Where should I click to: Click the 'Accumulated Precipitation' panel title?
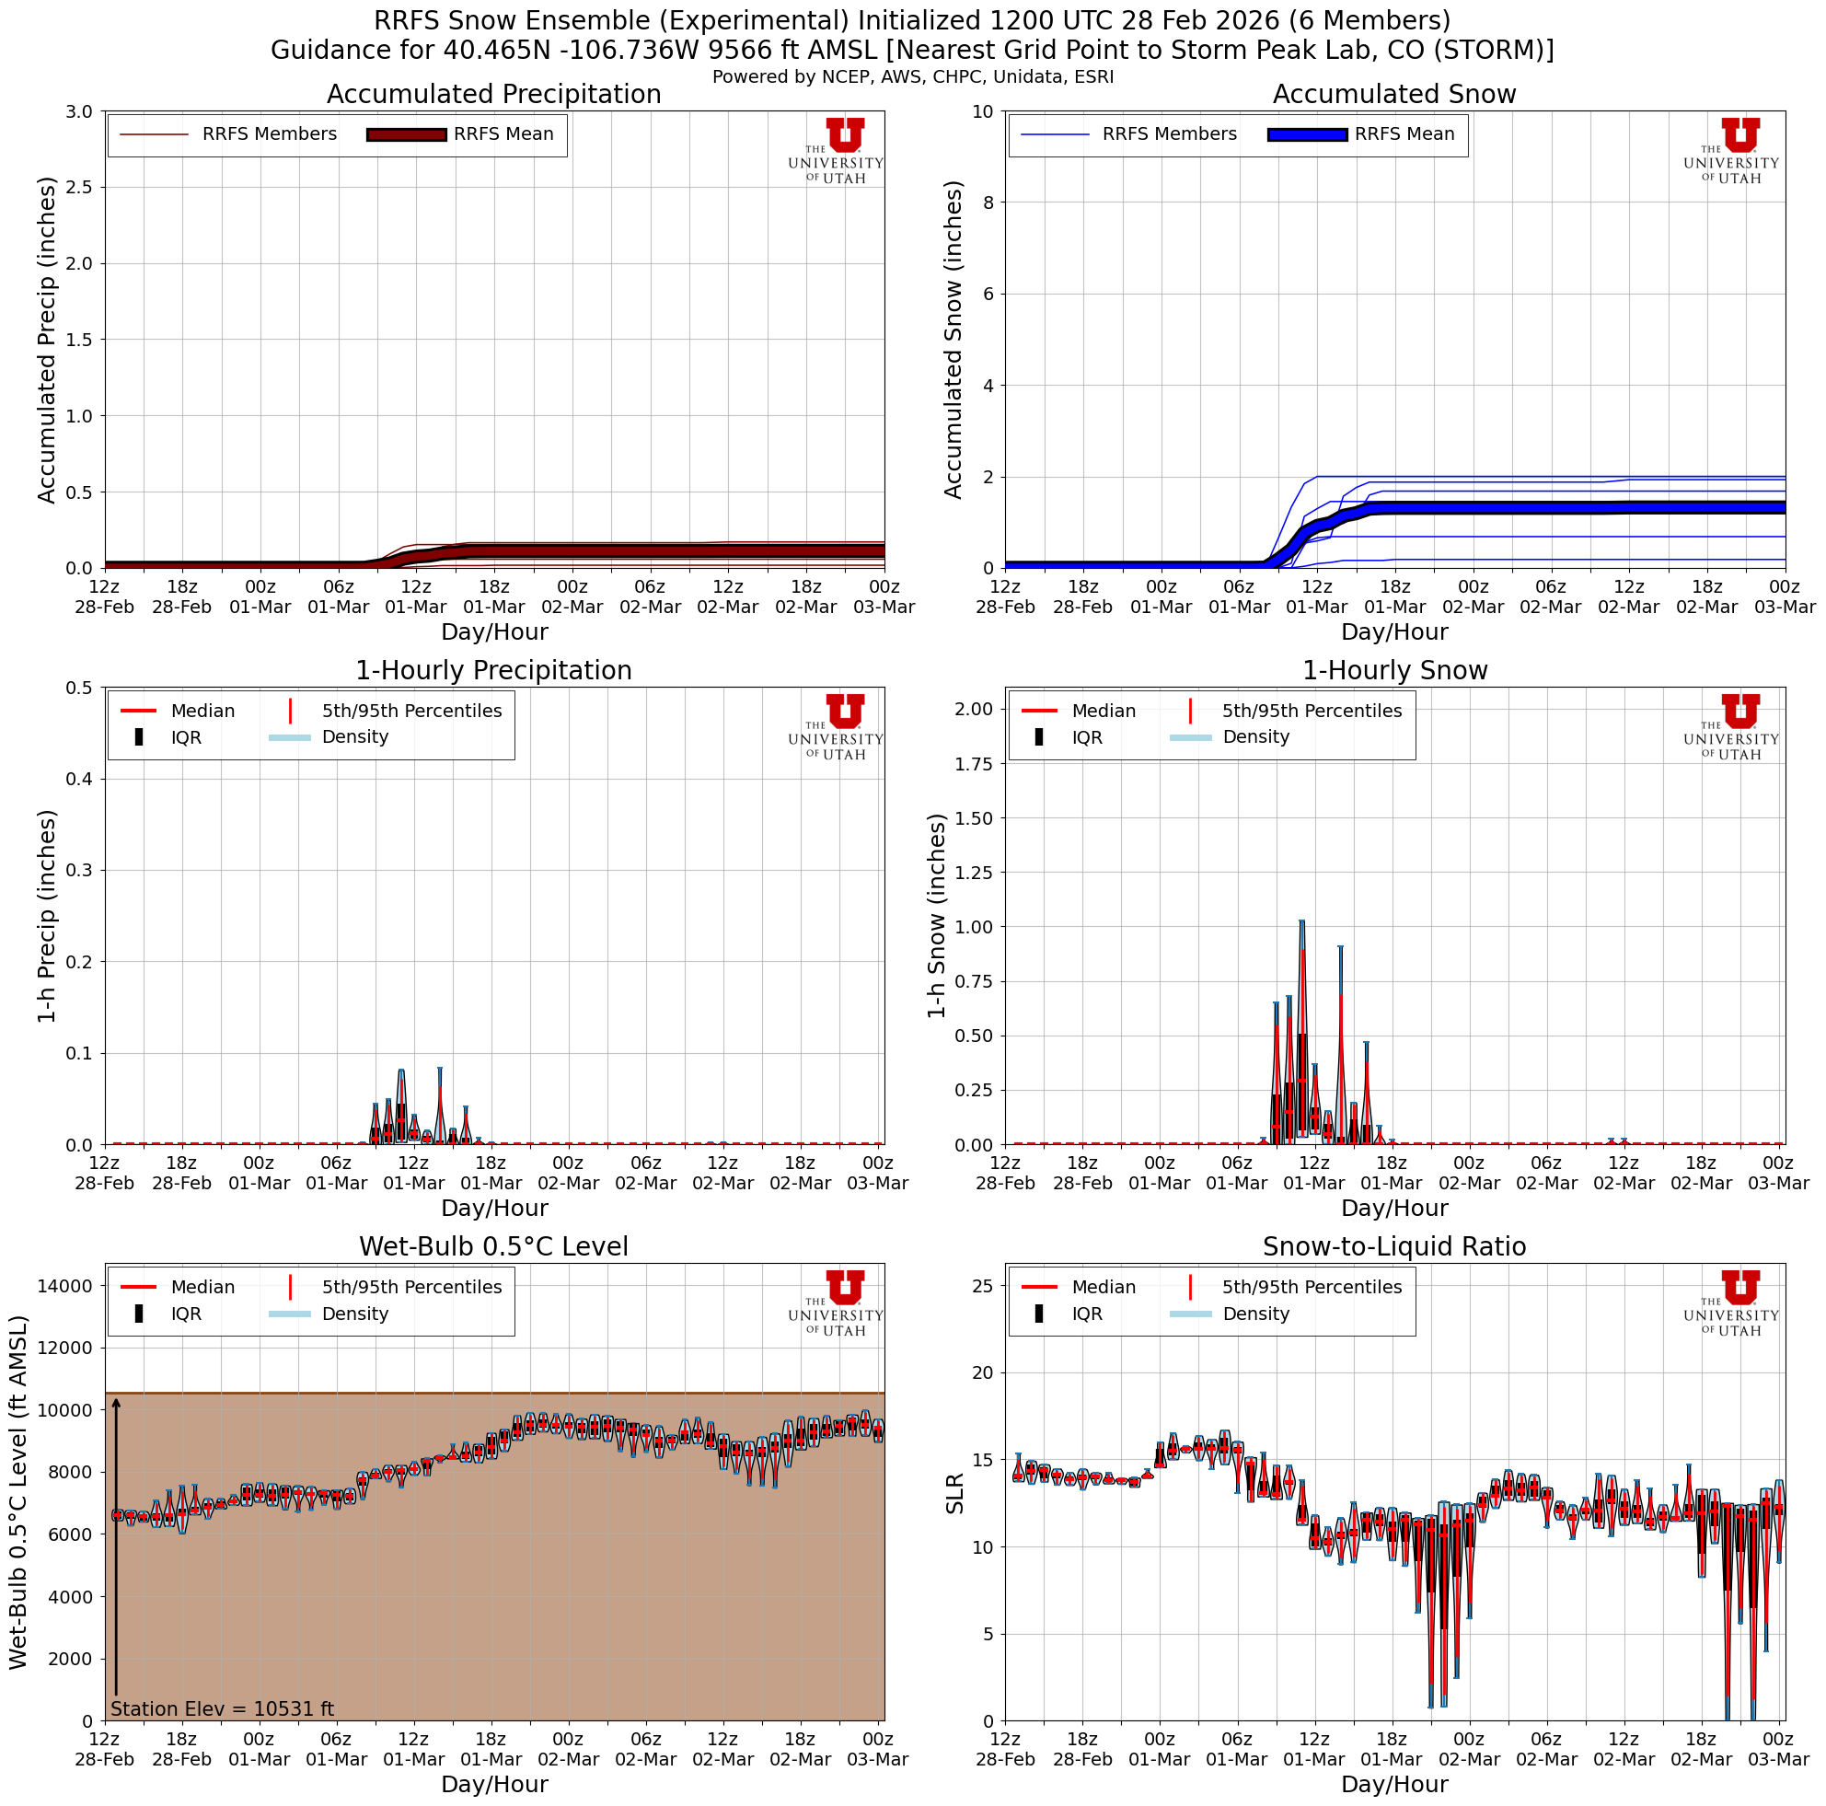[x=493, y=95]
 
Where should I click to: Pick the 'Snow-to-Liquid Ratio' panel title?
[x=1394, y=1246]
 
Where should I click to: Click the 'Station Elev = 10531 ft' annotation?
[x=222, y=1708]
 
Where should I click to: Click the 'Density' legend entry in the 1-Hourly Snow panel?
[x=1255, y=737]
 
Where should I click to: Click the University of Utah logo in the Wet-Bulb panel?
[x=837, y=1302]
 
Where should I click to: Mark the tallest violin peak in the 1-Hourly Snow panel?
[x=1301, y=921]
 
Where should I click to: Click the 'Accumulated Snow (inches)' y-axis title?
[x=953, y=340]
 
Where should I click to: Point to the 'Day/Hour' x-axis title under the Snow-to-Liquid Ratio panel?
[x=1394, y=1784]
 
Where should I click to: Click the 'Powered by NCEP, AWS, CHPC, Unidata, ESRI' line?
[x=913, y=76]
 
